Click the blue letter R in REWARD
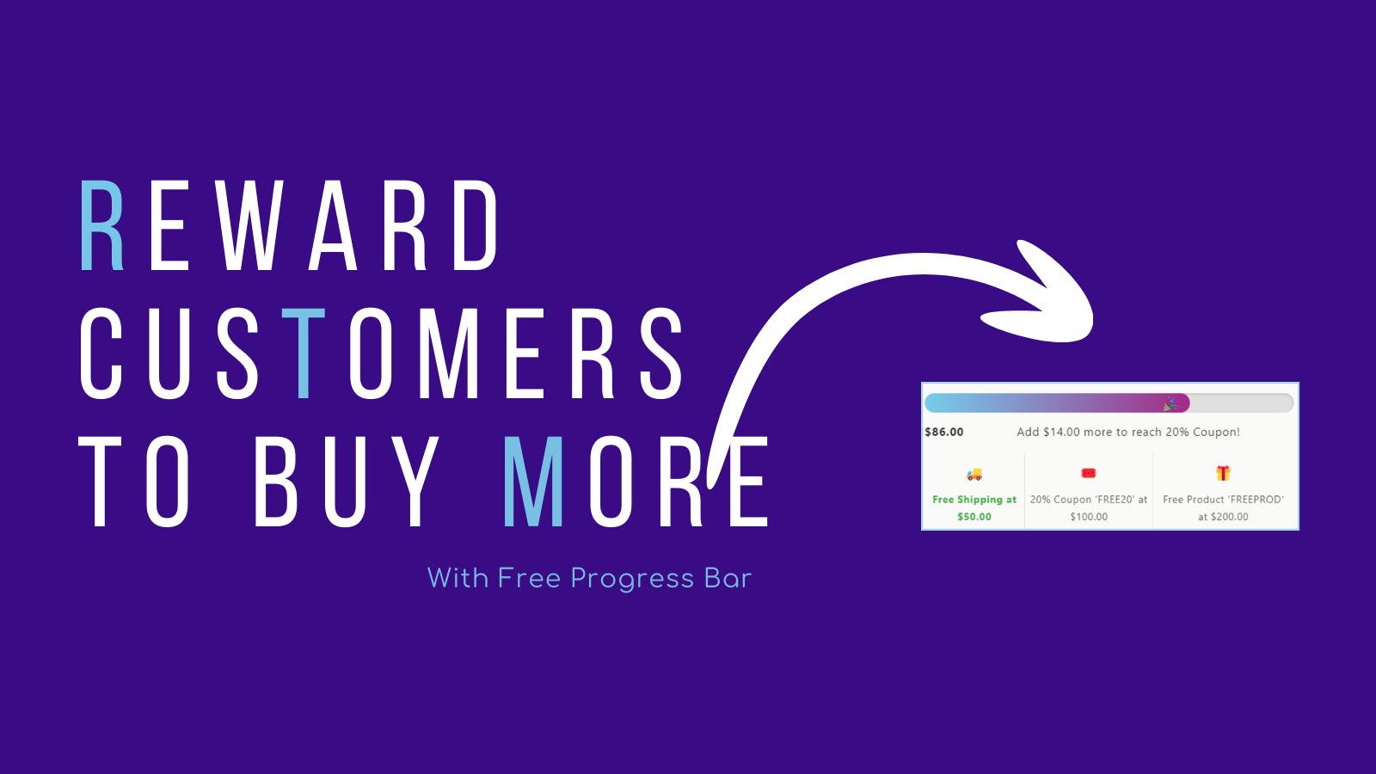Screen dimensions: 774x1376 (102, 225)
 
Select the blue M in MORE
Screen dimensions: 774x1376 (534, 482)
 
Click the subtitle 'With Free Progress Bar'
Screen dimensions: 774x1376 (589, 578)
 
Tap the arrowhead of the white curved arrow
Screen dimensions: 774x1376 (1053, 297)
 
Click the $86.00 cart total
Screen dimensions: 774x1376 (944, 432)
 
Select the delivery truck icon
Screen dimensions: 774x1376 (974, 474)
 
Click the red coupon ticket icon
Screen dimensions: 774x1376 (1089, 473)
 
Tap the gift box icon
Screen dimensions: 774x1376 (1223, 473)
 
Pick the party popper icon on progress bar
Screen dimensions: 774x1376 (1170, 403)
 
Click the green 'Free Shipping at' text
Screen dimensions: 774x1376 (974, 500)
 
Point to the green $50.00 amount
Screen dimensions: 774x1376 (974, 517)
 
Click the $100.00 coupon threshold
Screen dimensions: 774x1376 (1089, 517)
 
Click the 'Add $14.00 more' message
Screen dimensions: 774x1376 (1127, 432)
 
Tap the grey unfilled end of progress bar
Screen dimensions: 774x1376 (1243, 403)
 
